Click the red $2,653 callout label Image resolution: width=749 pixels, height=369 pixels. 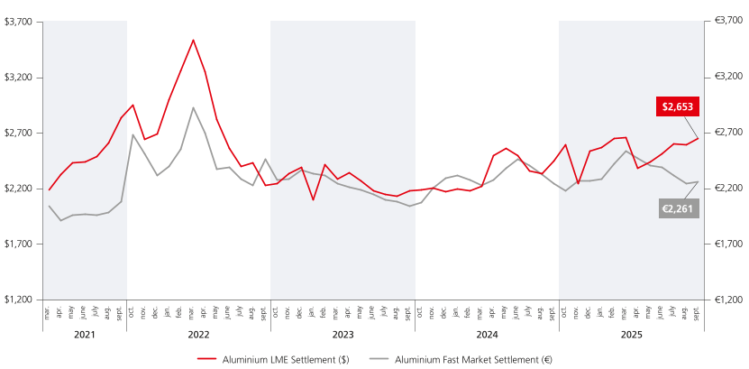[x=678, y=106]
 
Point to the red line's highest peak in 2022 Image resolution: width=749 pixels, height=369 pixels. [x=193, y=40]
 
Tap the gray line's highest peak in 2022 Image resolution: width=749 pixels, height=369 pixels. [x=193, y=107]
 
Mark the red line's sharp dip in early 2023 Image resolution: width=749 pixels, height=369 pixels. [x=313, y=198]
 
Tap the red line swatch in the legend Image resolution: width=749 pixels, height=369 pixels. [x=206, y=358]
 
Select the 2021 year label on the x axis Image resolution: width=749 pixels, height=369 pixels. [x=85, y=334]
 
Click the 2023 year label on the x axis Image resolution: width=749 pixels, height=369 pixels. [x=343, y=334]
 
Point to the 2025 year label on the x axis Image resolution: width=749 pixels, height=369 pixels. [x=630, y=334]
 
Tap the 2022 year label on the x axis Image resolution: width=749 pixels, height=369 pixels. [x=198, y=334]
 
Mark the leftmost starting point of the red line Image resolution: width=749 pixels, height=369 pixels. [x=49, y=189]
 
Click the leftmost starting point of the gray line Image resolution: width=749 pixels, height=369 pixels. [x=49, y=207]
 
